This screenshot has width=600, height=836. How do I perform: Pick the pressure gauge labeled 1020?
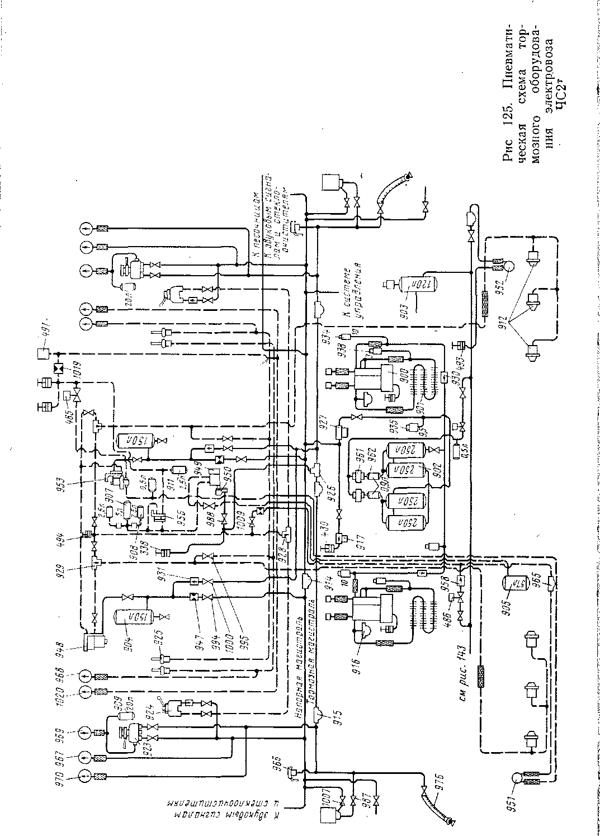[x=84, y=691]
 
